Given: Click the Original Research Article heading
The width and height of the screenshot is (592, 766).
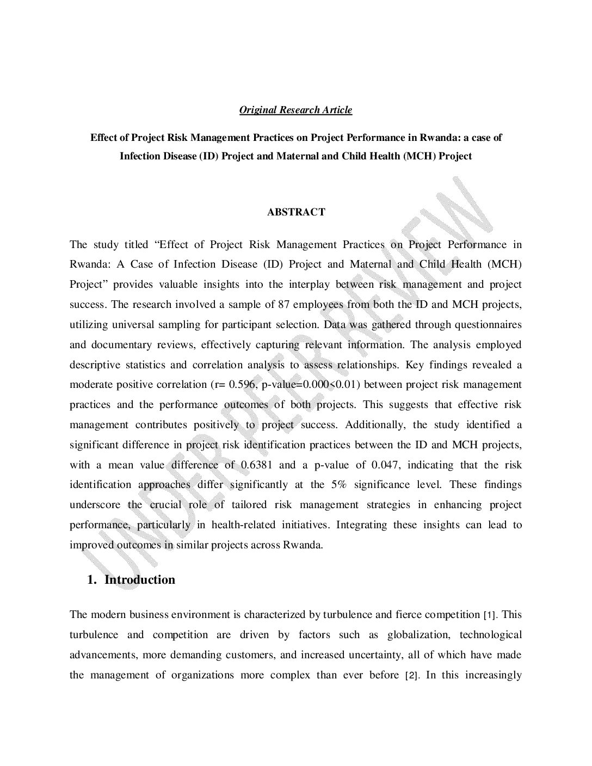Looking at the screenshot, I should click(295, 110).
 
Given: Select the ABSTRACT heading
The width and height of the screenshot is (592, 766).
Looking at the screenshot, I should click(295, 212).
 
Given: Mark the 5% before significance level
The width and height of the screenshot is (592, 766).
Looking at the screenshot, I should click(338, 485).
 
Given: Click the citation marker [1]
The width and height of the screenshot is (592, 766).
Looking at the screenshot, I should click(489, 615).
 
